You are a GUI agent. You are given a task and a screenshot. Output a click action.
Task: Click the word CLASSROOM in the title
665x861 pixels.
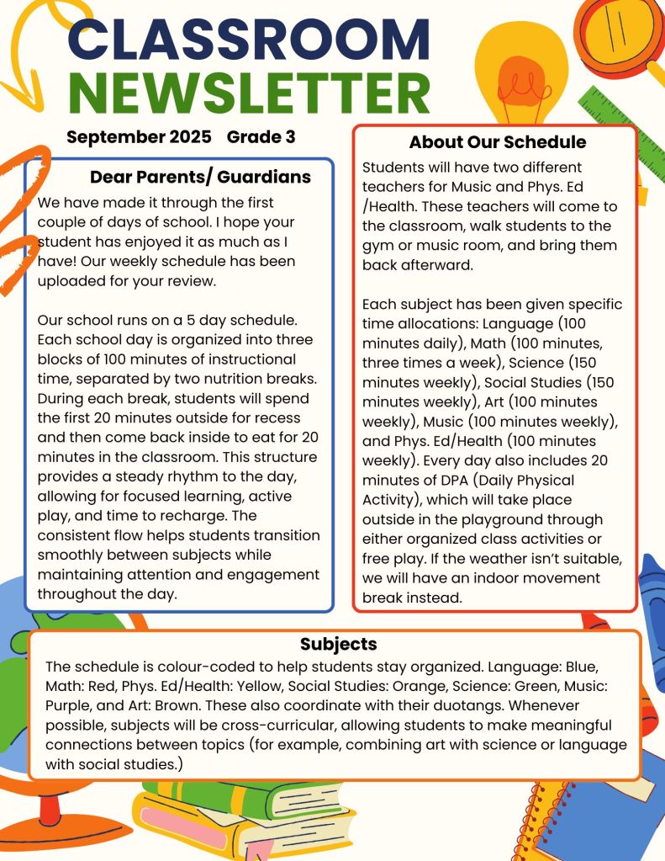(x=248, y=40)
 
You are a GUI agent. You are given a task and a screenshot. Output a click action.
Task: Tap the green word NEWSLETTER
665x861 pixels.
(x=248, y=93)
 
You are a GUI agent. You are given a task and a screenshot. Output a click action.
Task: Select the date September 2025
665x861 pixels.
(x=139, y=137)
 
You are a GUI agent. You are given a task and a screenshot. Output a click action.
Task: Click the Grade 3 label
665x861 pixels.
(x=261, y=137)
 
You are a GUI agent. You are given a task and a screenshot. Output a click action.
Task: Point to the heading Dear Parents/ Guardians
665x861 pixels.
(x=200, y=178)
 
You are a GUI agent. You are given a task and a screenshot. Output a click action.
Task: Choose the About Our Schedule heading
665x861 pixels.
(x=498, y=142)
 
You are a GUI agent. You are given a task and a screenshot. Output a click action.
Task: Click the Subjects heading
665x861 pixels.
(x=339, y=645)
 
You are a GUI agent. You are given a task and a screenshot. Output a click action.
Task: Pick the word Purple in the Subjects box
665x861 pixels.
(x=71, y=704)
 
